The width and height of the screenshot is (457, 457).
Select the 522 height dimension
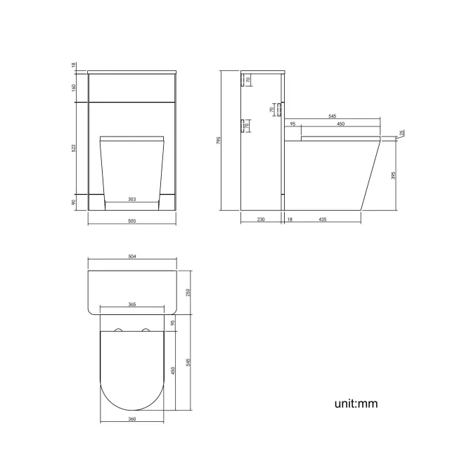click(73, 148)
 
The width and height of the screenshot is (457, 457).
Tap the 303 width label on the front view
click(131, 200)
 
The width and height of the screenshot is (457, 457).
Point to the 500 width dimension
click(131, 221)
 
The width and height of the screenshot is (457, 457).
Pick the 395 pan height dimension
click(394, 174)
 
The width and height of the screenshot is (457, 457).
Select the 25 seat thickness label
click(401, 133)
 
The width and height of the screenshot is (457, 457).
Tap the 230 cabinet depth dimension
click(261, 220)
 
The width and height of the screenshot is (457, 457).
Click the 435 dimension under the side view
click(322, 220)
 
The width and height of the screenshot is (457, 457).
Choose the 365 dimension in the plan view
click(132, 304)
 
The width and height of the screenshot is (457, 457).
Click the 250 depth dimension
click(188, 293)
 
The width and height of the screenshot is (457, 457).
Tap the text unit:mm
click(357, 404)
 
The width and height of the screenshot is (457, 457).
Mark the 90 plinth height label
click(73, 202)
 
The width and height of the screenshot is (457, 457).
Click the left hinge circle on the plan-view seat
click(117, 330)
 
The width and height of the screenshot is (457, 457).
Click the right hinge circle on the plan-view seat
click(146, 330)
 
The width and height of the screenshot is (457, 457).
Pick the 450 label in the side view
click(340, 124)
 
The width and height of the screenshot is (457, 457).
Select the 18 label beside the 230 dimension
click(290, 220)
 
